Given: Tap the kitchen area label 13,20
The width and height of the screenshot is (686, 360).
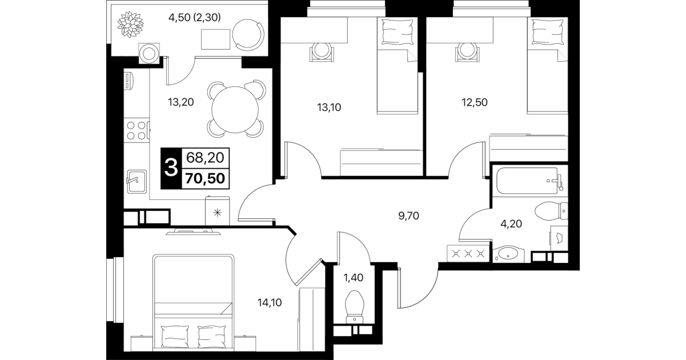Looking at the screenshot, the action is tap(180, 102).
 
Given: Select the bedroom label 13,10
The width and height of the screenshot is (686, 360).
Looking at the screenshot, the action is tap(329, 107).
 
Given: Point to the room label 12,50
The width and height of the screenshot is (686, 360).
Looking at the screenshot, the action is tap(475, 102).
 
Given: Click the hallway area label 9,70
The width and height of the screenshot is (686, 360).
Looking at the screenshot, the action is tap(408, 216).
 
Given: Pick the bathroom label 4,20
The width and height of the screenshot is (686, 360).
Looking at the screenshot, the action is tap(511, 224).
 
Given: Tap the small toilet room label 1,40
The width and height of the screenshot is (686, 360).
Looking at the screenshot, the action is tap(353, 278).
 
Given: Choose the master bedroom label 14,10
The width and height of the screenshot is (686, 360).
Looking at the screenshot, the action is tap(270, 303).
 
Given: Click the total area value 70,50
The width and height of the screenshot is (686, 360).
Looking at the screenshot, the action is tap(205, 178).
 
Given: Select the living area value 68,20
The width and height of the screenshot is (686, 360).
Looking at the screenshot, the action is tap(205, 158).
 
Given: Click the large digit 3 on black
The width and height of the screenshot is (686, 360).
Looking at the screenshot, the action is tap(171, 168).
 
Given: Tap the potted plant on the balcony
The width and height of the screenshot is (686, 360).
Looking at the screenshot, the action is tap(130, 25).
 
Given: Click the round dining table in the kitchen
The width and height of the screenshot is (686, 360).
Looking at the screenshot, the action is tap(235, 109).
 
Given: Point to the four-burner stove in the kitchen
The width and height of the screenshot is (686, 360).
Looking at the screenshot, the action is tap(137, 130).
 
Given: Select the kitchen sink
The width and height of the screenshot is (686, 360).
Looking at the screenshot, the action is tap(137, 181).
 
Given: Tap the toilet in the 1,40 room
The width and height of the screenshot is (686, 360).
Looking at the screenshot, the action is tap(354, 307).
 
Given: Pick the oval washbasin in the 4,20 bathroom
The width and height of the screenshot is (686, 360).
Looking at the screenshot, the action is tap(508, 254).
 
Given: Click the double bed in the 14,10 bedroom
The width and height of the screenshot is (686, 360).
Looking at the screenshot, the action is tap(193, 301).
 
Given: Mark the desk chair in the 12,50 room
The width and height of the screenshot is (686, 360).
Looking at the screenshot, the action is tap(467, 51).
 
